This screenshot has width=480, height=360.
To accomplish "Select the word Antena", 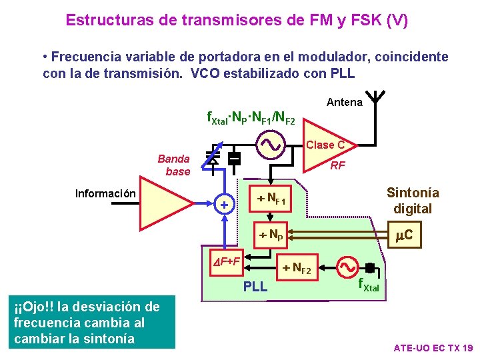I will coord(345,102).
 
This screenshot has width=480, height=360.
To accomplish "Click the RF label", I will coord(338,165).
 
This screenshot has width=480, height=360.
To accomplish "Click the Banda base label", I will coord(175,165).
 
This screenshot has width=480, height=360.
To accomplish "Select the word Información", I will coord(106,194).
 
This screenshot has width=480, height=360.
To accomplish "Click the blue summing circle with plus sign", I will coord(225,203).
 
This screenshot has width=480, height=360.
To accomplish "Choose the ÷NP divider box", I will coord(271,235).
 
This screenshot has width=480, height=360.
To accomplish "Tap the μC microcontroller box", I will coord(403,235).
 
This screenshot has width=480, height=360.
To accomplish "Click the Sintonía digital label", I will coord(413,201).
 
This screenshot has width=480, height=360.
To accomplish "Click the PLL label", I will coord(255,287).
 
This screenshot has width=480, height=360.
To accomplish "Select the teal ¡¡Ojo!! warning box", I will coord(87,323).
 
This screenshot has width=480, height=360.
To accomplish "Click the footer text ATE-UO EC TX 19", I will coord(433,348).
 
